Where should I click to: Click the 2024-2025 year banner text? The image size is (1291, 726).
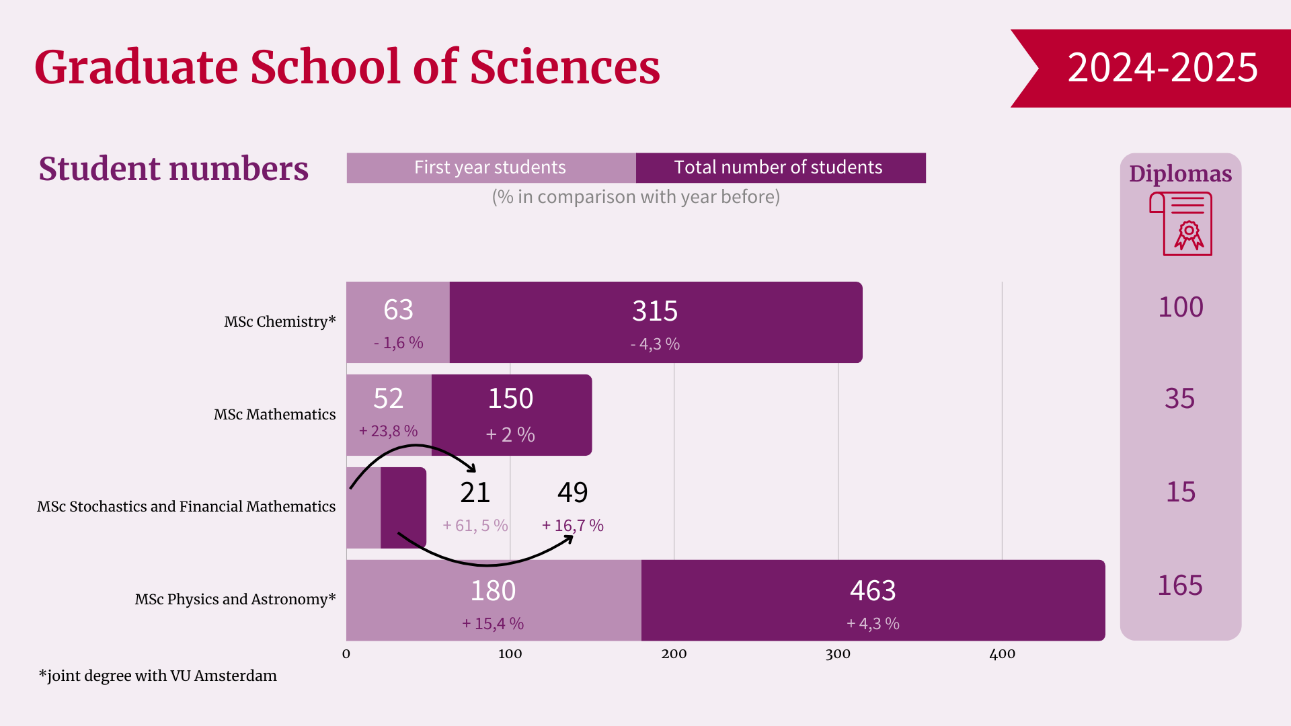point(1162,67)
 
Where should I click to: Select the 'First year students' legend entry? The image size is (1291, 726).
point(490,167)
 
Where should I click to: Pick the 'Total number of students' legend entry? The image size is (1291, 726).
point(778,167)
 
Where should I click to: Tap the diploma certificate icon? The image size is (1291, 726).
point(1181,224)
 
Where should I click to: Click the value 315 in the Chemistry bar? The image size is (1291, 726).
point(655,311)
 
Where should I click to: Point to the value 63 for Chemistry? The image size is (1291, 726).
point(398,310)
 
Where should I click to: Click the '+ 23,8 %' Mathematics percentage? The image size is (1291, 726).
point(388,431)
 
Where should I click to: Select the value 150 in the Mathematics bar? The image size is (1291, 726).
point(510,399)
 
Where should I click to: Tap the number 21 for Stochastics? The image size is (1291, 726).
point(475,493)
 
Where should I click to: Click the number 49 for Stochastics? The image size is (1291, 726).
point(572,493)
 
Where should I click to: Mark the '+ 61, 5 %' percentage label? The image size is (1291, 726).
point(475,526)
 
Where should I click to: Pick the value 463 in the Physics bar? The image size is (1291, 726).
point(873,591)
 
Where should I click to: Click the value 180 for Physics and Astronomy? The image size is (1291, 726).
point(493,591)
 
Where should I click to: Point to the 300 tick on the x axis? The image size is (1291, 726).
point(838,654)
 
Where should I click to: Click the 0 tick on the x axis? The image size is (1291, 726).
point(346,654)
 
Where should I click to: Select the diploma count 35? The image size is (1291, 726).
point(1180,399)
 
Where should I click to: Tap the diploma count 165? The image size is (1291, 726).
point(1180,586)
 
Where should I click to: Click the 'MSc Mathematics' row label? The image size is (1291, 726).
point(274,414)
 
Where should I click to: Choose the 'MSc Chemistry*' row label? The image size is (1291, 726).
point(280,321)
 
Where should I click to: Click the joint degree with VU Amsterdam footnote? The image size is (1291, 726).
point(158,676)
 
